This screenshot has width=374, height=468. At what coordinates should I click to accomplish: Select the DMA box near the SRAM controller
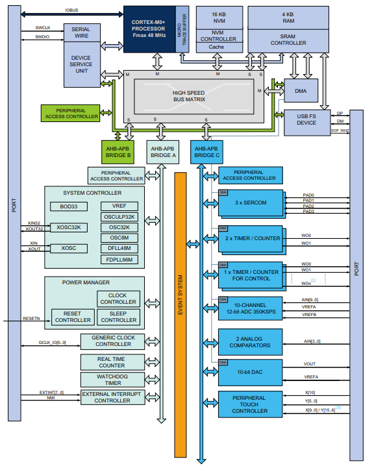[x=301, y=91]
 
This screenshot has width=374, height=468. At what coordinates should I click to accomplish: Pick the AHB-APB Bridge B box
[x=119, y=153]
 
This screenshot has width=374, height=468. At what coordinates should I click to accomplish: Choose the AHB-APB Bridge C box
[x=209, y=153]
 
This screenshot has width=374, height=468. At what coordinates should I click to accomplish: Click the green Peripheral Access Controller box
[x=71, y=113]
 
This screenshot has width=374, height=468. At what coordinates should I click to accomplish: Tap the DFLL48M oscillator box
[x=119, y=247]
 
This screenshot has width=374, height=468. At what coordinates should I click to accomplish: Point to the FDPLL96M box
[x=119, y=258]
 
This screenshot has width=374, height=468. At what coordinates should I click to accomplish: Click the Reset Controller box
[x=72, y=316]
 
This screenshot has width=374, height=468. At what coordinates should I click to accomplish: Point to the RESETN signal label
[x=31, y=319]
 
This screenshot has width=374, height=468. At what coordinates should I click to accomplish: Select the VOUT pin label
[x=310, y=364]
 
